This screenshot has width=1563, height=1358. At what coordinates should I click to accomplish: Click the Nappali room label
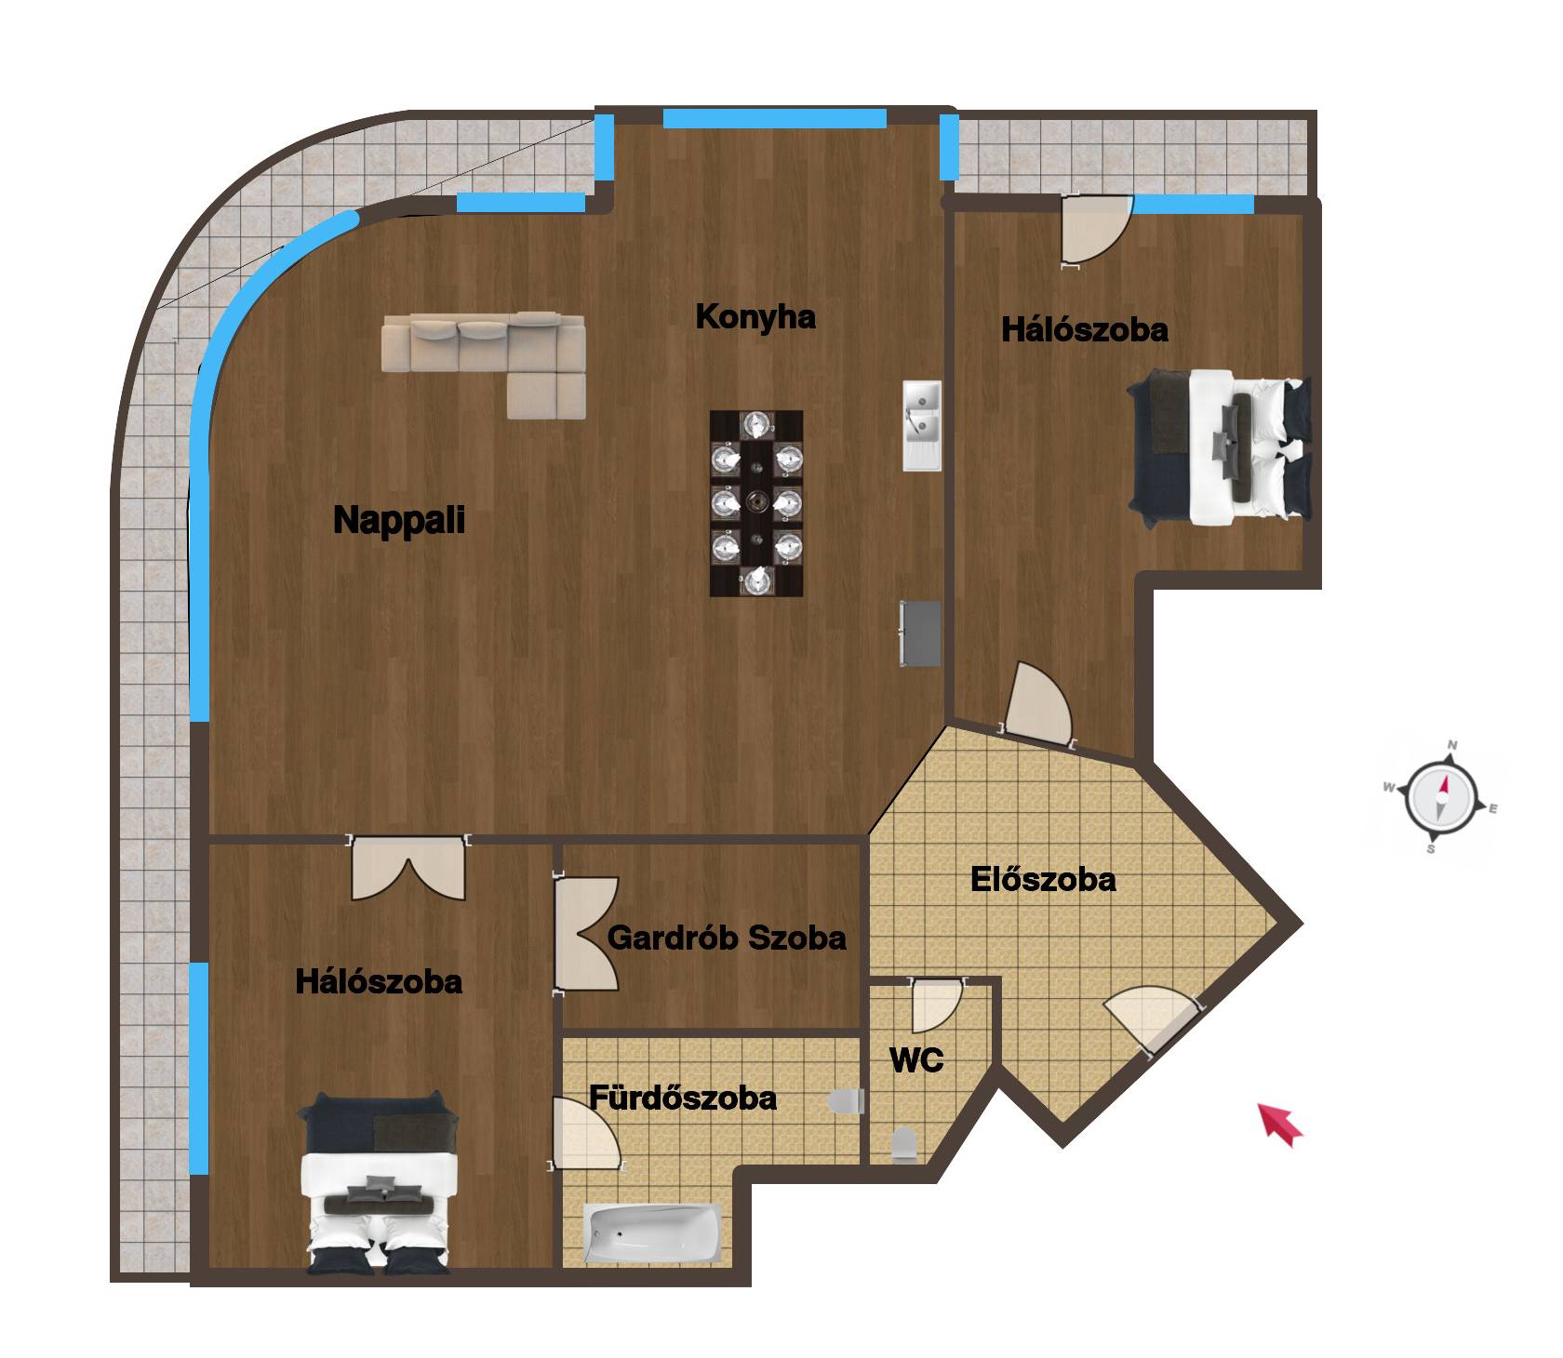coord(399,520)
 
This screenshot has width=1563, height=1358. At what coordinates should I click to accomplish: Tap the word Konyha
coord(755,317)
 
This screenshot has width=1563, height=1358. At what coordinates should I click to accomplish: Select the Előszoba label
coord(1043,879)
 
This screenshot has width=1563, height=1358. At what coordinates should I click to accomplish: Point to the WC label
coord(916,1059)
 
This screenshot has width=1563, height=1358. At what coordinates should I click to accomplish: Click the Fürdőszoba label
coord(683,1098)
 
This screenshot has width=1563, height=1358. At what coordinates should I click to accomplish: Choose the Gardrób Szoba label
coord(727,938)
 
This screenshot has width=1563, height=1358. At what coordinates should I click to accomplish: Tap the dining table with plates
coord(756,503)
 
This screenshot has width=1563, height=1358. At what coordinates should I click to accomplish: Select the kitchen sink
coord(922,425)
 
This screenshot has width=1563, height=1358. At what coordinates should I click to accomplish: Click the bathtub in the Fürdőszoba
coord(653,1233)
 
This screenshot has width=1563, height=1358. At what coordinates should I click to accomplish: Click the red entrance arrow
coord(1281,1124)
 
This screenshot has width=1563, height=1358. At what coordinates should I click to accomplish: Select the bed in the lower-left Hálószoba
coord(380,1182)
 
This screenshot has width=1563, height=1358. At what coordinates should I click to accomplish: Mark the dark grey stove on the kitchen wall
coord(920,633)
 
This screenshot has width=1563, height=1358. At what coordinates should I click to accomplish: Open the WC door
coord(936,1006)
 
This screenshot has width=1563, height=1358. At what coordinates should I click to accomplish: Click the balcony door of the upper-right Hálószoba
coord(1096,231)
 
